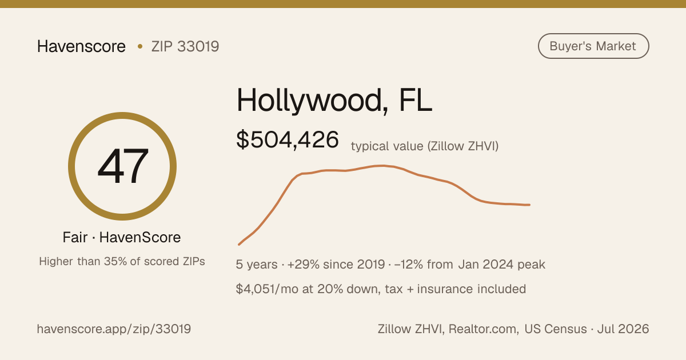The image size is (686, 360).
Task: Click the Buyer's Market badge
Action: tap(593, 46)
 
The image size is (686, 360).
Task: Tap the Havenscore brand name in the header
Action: tap(81, 46)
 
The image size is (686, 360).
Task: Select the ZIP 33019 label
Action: tap(185, 46)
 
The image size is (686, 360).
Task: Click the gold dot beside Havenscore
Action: tap(140, 46)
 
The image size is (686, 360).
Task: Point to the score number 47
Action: tap(123, 166)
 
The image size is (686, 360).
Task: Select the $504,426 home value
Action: tap(287, 139)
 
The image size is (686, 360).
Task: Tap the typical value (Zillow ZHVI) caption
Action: tap(425, 146)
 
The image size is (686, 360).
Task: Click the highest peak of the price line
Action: tap(382, 166)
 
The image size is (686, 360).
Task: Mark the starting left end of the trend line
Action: tap(239, 245)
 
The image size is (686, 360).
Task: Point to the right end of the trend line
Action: tap(529, 205)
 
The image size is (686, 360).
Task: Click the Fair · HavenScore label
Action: tap(122, 237)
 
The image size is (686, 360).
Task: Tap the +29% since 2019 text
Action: tap(336, 264)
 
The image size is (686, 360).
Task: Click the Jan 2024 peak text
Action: tap(502, 265)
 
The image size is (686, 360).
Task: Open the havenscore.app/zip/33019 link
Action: tap(114, 329)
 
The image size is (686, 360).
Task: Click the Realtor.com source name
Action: tap(484, 329)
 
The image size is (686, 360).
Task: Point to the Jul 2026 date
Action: tap(623, 329)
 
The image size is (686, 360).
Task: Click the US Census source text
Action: tap(556, 329)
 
